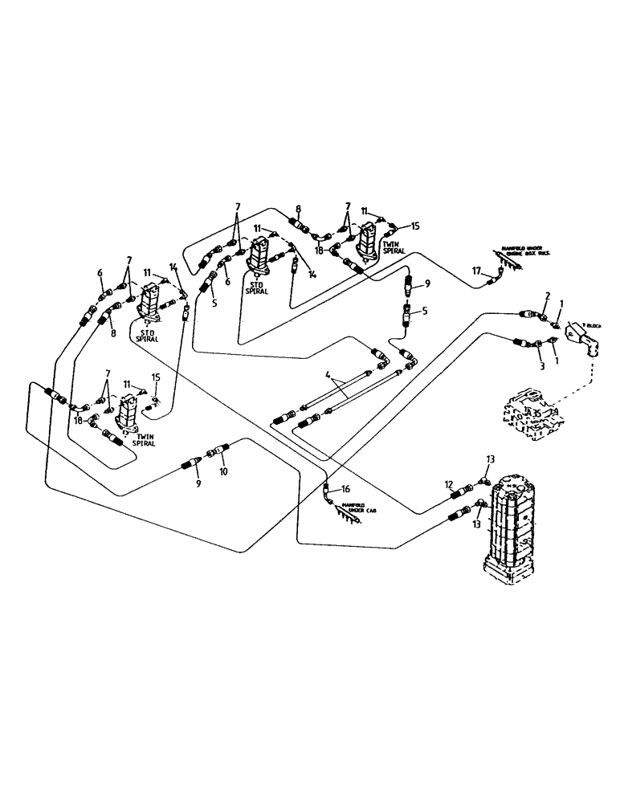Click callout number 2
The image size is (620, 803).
(548, 296)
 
